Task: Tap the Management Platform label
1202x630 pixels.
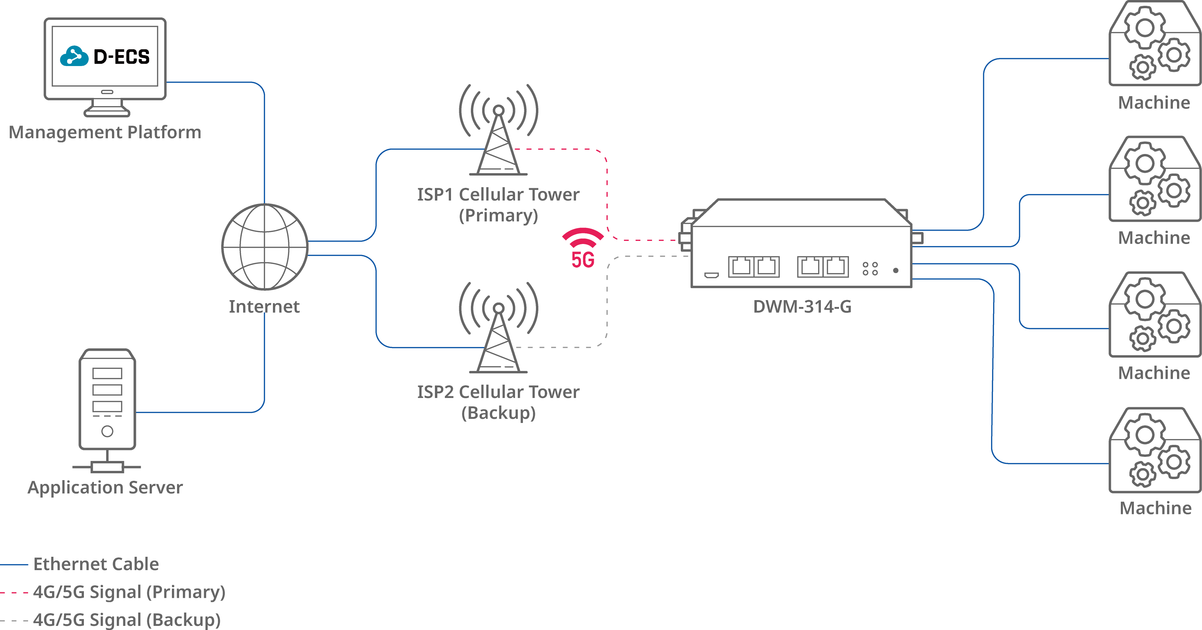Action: [x=105, y=132]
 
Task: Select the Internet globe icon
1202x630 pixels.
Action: [x=265, y=247]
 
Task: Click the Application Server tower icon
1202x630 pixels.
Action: [x=107, y=410]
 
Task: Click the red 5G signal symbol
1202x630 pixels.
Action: [x=583, y=248]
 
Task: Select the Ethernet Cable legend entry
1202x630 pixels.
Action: [x=79, y=564]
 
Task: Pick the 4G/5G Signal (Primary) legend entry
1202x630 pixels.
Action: [x=112, y=592]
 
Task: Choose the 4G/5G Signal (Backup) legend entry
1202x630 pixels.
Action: [x=110, y=620]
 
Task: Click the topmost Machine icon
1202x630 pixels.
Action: [x=1154, y=43]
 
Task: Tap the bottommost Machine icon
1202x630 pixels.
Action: [x=1154, y=450]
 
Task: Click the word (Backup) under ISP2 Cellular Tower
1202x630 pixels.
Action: [x=498, y=413]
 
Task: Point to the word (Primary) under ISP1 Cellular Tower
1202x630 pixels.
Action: [x=498, y=216]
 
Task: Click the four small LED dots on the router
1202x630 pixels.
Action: [x=870, y=269]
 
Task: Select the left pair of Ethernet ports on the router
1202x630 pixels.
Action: [x=754, y=267]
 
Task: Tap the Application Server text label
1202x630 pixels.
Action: [x=105, y=488]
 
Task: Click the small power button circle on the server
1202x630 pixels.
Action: [x=107, y=431]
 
